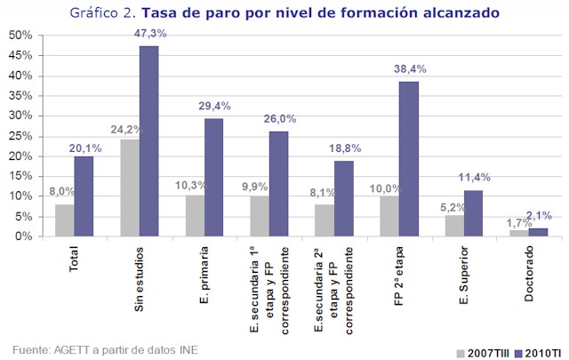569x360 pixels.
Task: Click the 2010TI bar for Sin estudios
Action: pos(148,141)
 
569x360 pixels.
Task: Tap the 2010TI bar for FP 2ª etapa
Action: pos(408,159)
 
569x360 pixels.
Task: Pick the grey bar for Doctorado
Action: pos(518,233)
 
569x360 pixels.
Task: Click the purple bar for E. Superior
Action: pos(473,213)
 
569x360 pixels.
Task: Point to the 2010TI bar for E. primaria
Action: pos(213,177)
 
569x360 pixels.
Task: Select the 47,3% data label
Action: pos(148,33)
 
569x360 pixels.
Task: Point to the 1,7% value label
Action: pos(514,222)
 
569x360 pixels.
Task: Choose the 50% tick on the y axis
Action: pos(20,35)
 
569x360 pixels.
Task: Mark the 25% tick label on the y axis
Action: pos(20,135)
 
